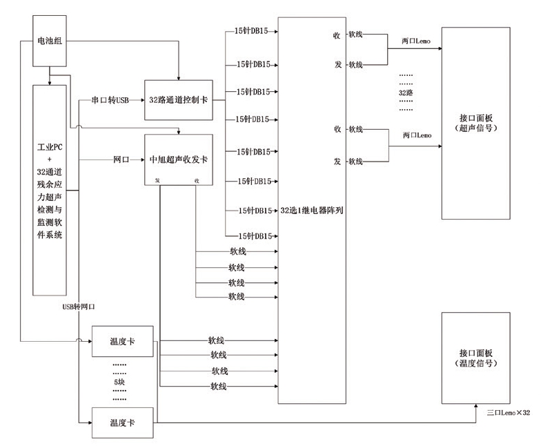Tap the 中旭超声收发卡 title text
(179, 159)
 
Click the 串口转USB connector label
(110, 100)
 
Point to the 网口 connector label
(121, 159)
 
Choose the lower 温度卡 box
(121, 422)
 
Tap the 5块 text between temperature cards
(119, 381)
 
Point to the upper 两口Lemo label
(415, 41)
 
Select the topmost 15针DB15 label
(251, 32)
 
